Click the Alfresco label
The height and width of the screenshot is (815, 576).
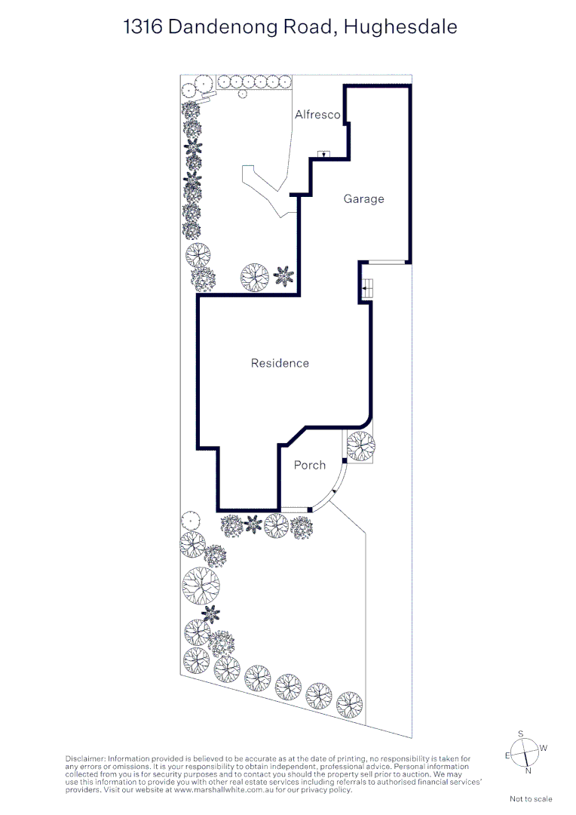pyautogui.click(x=317, y=115)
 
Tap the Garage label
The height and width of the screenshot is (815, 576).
pyautogui.click(x=363, y=198)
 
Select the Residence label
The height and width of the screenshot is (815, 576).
pyautogui.click(x=280, y=363)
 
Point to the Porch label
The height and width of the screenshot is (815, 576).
pyautogui.click(x=310, y=465)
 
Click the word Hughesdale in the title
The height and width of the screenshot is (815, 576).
pyautogui.click(x=400, y=26)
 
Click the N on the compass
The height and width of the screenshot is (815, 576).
pyautogui.click(x=529, y=770)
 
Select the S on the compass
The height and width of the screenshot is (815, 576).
pyautogui.click(x=521, y=734)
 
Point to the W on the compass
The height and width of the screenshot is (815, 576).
pyautogui.click(x=544, y=748)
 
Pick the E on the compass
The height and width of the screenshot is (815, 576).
pyautogui.click(x=507, y=755)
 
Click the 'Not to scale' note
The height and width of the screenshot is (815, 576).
pyautogui.click(x=531, y=799)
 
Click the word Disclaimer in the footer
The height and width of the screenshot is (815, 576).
pyautogui.click(x=85, y=759)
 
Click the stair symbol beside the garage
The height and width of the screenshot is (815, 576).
pyautogui.click(x=367, y=288)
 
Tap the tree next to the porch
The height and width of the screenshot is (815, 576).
pyautogui.click(x=360, y=446)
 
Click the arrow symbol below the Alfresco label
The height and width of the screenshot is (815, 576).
pyautogui.click(x=324, y=154)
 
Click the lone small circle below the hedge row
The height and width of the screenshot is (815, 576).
pyautogui.click(x=242, y=94)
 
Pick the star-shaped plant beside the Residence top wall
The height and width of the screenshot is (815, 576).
pyautogui.click(x=284, y=275)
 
